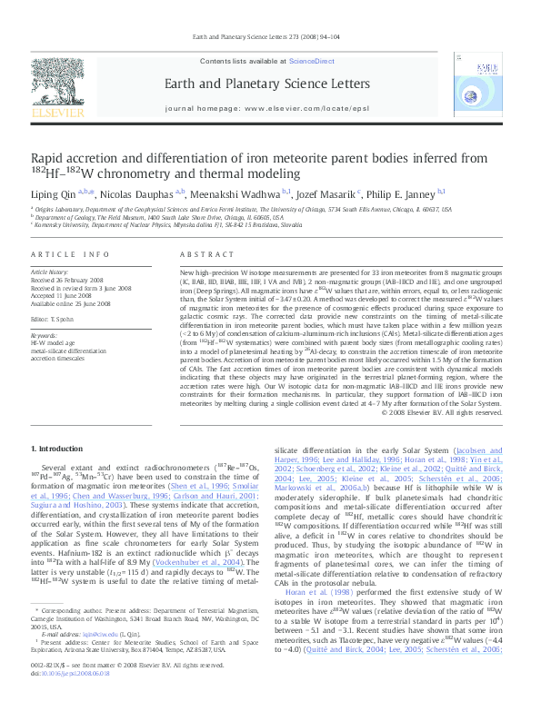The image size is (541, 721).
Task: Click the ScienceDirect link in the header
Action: [312, 60]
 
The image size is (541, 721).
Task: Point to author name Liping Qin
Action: [53, 193]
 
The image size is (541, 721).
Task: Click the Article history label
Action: [50, 272]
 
